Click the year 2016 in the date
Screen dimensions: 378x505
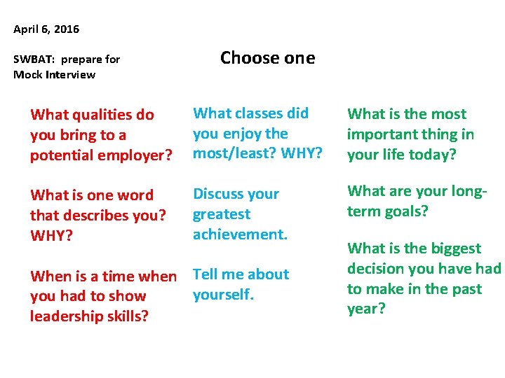(67, 29)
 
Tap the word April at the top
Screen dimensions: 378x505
(27, 29)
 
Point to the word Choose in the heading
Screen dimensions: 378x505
(247, 58)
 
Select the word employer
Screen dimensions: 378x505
(138, 155)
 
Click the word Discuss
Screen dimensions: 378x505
(216, 194)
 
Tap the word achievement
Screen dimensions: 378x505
(240, 234)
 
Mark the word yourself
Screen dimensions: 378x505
(222, 295)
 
